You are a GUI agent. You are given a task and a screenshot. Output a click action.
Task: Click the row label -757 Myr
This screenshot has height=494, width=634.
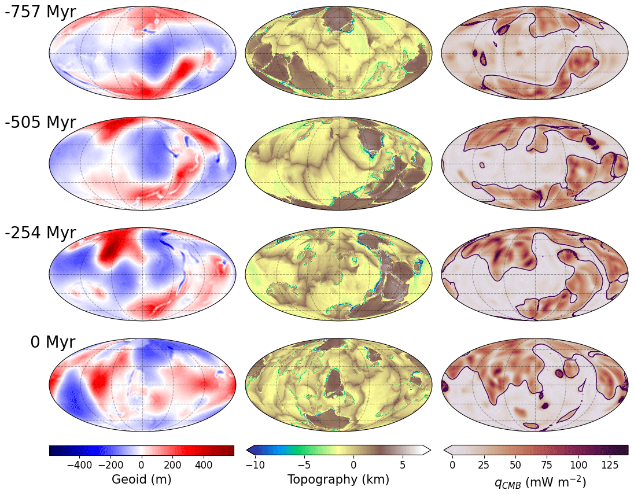(x=40, y=12)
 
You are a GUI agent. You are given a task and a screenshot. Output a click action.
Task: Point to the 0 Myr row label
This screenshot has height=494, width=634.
(x=53, y=342)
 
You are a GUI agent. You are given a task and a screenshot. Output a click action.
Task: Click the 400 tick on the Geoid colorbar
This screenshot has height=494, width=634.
(x=204, y=464)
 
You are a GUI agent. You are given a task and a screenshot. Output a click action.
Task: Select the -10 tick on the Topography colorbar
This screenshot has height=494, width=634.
(x=255, y=464)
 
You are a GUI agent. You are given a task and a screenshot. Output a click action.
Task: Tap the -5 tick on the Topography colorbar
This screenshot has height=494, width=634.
(x=304, y=464)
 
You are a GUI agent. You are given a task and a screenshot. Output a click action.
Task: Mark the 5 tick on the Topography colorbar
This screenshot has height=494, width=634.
(x=403, y=464)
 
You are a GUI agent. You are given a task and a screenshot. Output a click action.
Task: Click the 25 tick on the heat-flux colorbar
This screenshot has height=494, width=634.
(x=484, y=464)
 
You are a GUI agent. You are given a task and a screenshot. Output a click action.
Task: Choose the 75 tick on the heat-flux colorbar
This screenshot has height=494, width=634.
(x=547, y=464)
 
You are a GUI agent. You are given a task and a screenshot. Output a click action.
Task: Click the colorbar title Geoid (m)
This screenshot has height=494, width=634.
(x=141, y=480)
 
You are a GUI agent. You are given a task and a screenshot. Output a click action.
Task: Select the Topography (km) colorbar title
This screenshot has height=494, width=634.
(x=338, y=480)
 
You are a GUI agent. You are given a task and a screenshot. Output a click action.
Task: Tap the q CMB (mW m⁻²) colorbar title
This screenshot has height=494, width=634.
(x=535, y=480)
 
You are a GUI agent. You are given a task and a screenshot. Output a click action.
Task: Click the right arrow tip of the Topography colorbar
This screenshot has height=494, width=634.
(x=430, y=450)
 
